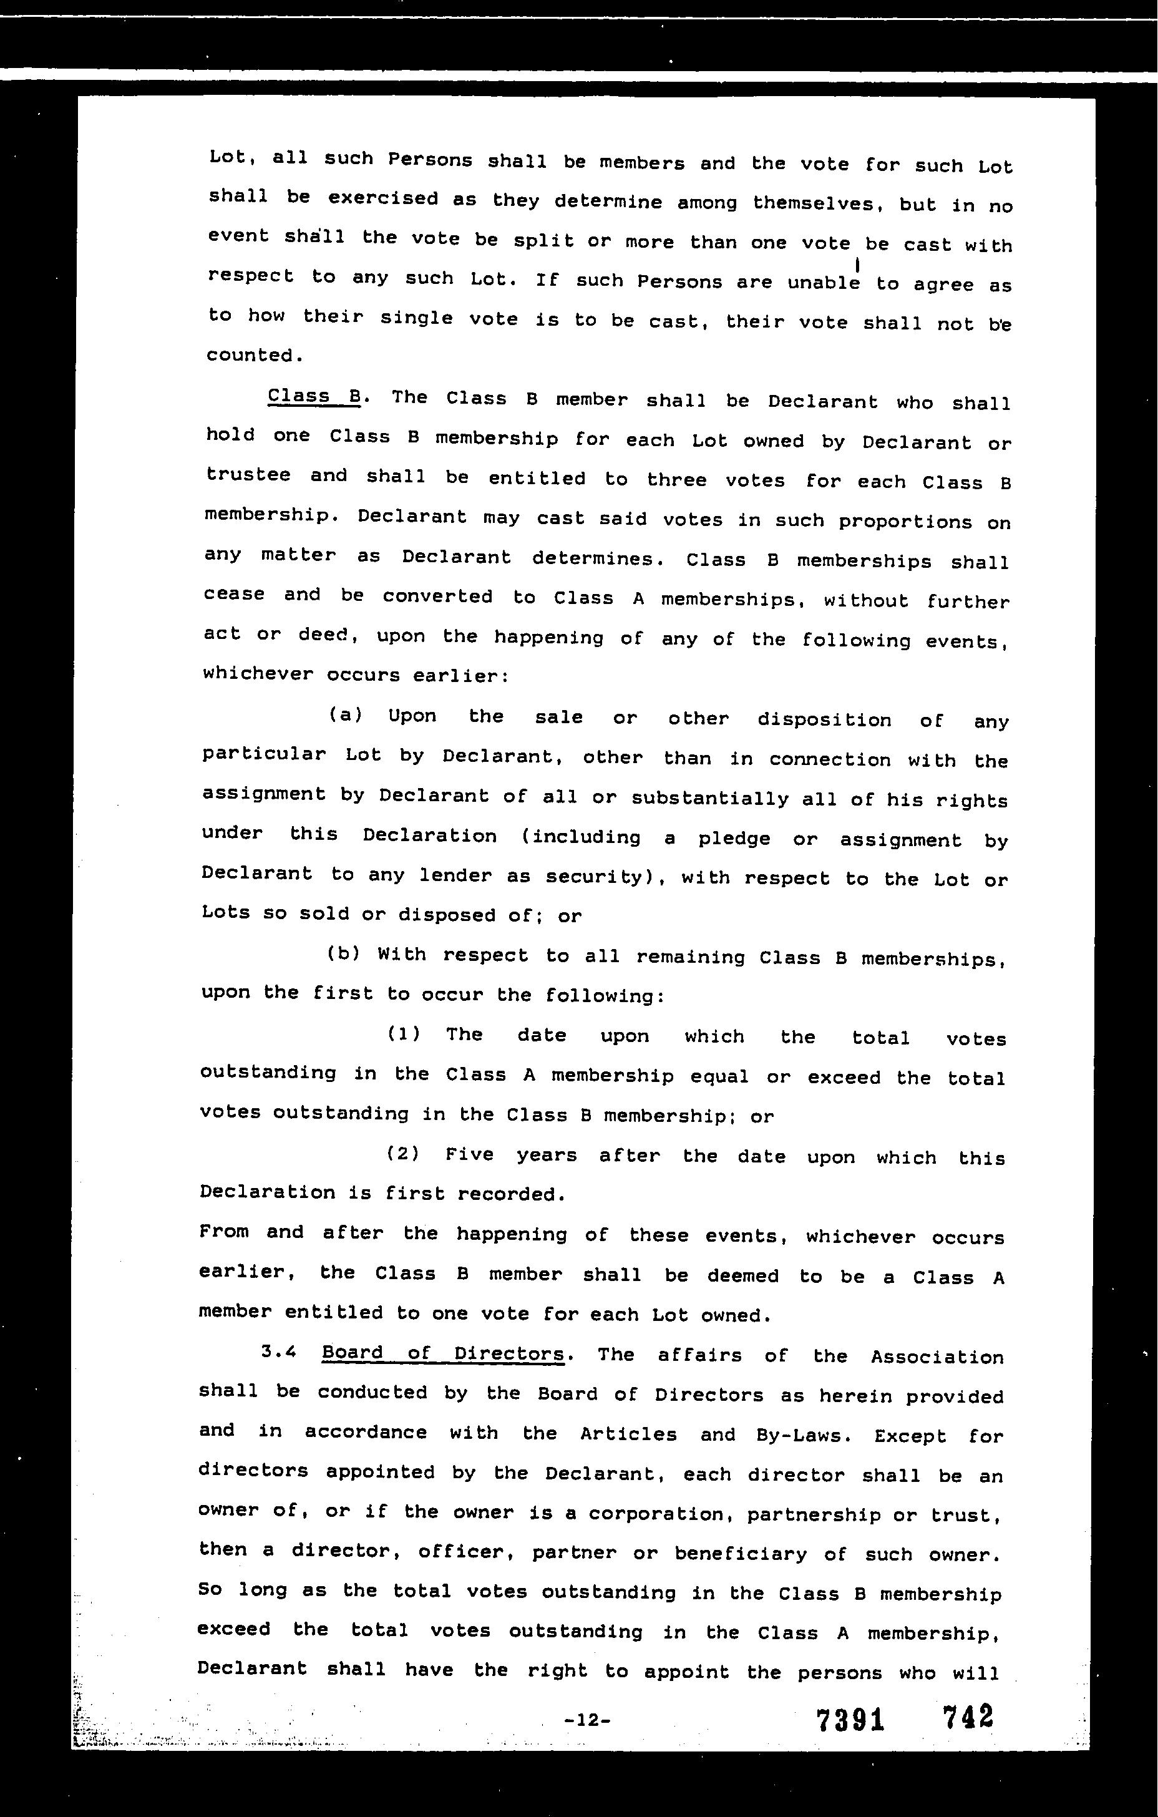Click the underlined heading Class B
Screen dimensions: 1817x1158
[x=314, y=396]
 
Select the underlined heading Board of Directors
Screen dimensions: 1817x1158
[x=443, y=1353]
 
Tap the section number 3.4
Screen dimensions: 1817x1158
[x=278, y=1352]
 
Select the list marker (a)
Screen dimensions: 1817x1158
[x=346, y=714]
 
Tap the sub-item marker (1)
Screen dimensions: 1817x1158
[x=404, y=1033]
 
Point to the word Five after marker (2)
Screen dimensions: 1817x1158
[x=470, y=1154]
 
